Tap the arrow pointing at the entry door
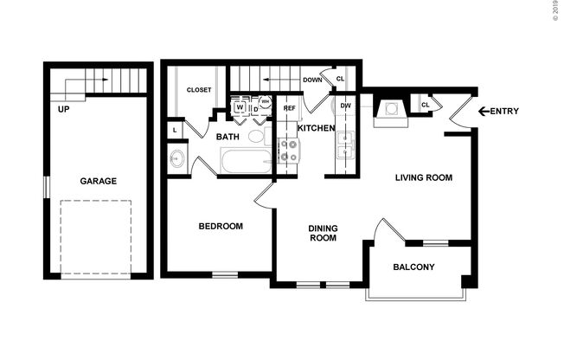484,111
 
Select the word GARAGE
99,181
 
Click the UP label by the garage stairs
64,110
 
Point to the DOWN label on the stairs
312,80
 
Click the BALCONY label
413,267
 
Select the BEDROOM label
221,226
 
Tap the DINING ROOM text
323,234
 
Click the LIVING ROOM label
424,178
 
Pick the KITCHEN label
316,128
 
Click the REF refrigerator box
289,108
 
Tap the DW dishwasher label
345,106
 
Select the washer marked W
239,108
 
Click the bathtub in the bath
247,161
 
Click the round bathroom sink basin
178,159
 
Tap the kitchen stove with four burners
287,151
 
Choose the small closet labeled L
176,130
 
